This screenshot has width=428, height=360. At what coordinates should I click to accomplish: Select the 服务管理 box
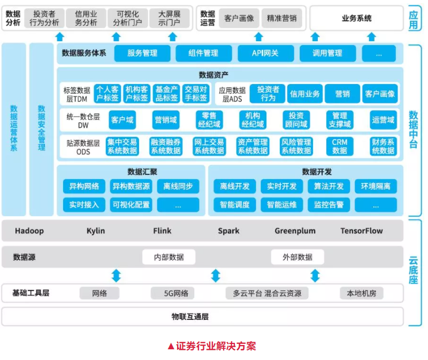142,53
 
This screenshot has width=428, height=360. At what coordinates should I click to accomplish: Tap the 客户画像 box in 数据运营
239,18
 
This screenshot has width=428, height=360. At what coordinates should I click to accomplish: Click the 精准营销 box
281,18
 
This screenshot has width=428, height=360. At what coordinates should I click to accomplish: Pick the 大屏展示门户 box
170,18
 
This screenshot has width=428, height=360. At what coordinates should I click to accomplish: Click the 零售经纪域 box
209,120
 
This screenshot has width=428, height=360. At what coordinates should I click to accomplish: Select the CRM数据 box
340,147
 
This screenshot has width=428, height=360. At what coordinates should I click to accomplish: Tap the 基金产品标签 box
166,94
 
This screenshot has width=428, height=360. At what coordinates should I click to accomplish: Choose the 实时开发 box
282,186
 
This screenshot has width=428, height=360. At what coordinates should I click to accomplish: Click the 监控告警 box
328,204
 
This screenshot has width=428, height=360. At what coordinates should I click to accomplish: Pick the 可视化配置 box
131,204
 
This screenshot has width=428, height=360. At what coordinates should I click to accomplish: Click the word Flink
162,231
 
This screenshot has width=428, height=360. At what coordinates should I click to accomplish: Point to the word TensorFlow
362,231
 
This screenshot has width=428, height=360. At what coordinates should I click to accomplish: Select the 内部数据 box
169,257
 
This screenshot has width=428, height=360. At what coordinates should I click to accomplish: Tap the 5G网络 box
172,293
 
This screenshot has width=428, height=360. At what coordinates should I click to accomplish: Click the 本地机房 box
362,293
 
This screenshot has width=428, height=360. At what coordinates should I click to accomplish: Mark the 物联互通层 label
190,317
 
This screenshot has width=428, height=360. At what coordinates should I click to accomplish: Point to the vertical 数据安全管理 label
42,128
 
